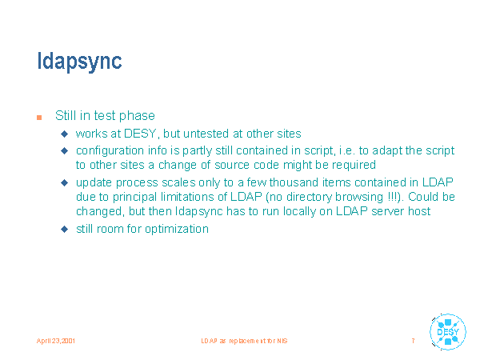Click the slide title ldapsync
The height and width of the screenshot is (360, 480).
click(79, 62)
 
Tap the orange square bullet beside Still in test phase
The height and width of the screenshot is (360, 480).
click(39, 118)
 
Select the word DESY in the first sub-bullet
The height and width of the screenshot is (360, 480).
click(140, 134)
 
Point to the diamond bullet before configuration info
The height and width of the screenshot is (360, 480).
click(64, 150)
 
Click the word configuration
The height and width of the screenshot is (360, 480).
click(110, 151)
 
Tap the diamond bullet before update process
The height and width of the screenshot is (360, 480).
click(64, 182)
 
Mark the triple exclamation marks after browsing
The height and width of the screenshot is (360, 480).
click(391, 197)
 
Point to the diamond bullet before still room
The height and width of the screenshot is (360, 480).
click(64, 229)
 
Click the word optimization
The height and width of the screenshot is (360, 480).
click(177, 230)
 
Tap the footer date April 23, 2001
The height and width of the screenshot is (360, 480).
click(56, 341)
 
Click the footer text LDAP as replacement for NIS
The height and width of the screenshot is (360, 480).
click(244, 341)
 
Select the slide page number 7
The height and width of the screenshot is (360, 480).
click(414, 341)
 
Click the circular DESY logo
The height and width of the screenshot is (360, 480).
click(447, 332)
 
